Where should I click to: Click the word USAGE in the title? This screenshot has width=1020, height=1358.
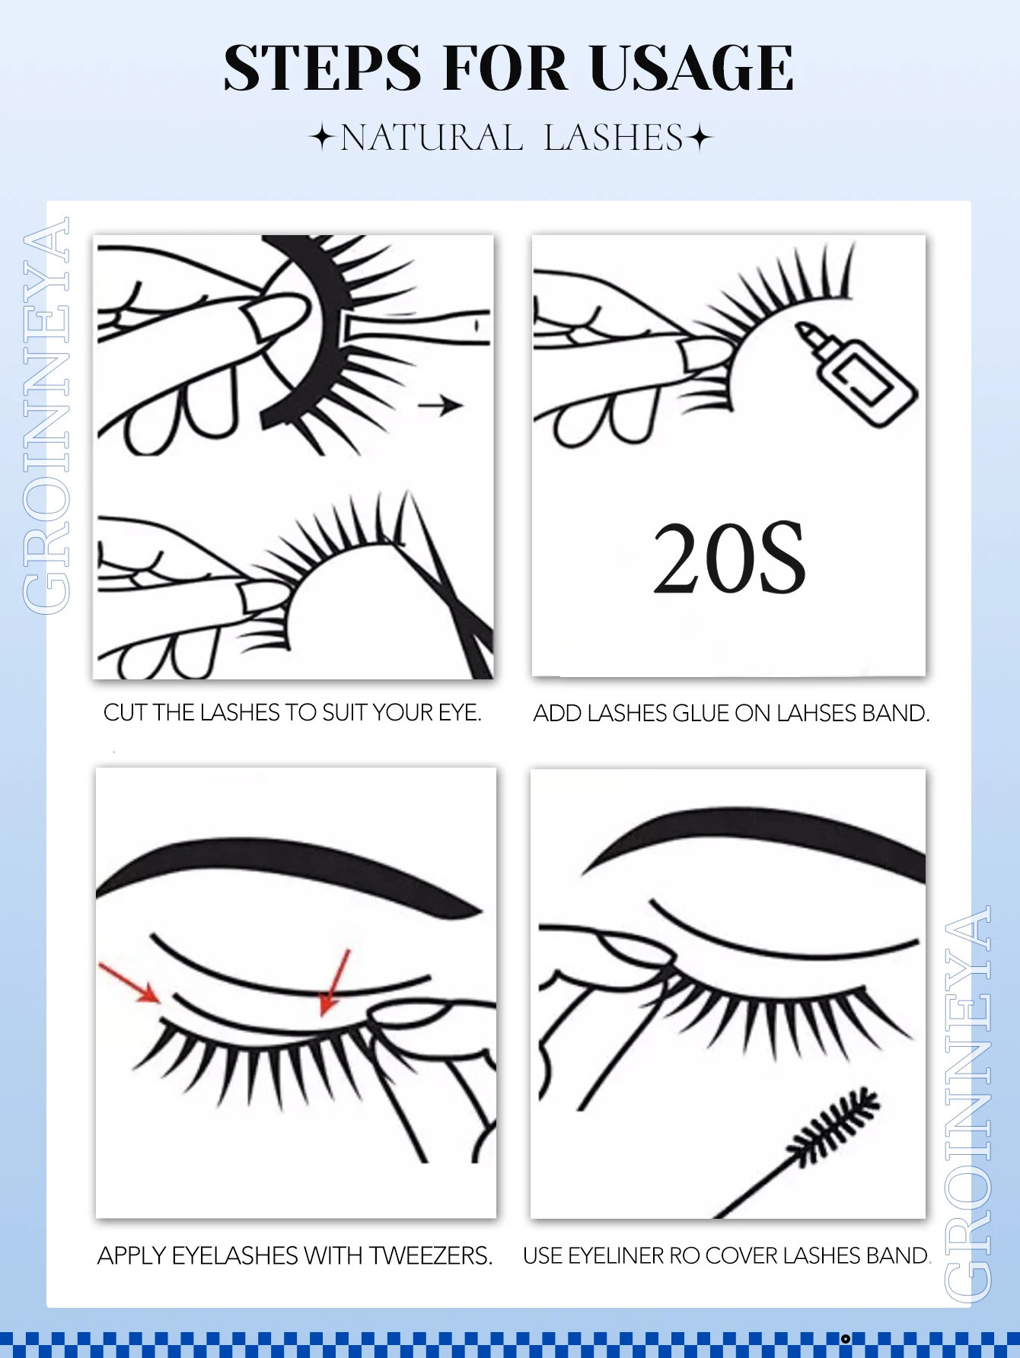tap(691, 68)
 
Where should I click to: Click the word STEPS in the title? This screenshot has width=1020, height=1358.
tap(322, 68)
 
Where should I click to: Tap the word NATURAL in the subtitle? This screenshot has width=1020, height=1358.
tap(432, 138)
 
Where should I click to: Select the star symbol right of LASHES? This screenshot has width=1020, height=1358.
tap(700, 138)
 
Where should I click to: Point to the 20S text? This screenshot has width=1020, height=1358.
tap(728, 558)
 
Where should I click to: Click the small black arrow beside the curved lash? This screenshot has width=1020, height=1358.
tap(441, 405)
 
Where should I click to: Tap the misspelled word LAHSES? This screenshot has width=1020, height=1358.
tap(817, 714)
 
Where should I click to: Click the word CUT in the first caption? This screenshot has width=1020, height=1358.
tap(126, 713)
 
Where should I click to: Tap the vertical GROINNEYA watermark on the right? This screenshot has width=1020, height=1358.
tap(968, 1103)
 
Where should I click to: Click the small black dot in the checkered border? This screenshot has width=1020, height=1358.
tap(845, 1338)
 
